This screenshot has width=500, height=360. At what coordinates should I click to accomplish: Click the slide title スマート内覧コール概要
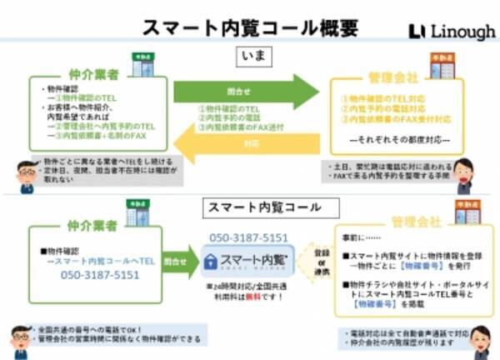pos(251,27)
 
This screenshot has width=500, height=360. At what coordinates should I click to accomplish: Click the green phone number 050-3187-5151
pos(99,274)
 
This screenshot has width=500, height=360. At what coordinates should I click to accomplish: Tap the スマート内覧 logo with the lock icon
pos(248,261)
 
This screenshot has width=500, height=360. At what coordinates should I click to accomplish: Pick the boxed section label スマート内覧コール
pos(250,205)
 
